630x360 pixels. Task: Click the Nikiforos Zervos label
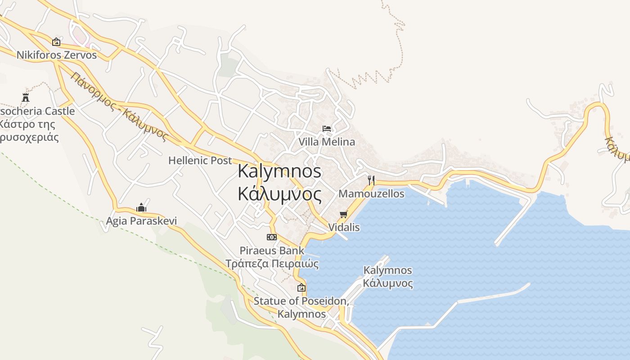pyautogui.click(x=57, y=55)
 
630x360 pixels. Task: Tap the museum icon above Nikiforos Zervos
pyautogui.click(x=56, y=42)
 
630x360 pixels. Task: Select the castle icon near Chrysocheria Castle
pyautogui.click(x=25, y=97)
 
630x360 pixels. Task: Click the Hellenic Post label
pyautogui.click(x=200, y=160)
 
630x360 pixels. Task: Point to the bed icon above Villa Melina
pyautogui.click(x=327, y=129)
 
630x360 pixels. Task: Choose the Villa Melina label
pyautogui.click(x=327, y=142)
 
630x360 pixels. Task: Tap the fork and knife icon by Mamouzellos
pyautogui.click(x=371, y=180)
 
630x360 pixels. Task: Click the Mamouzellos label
pyautogui.click(x=371, y=194)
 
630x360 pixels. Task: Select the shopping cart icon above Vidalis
pyautogui.click(x=344, y=214)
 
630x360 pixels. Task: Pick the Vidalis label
pyautogui.click(x=344, y=227)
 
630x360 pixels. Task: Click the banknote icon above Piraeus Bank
pyautogui.click(x=272, y=237)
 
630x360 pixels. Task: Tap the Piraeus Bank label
pyautogui.click(x=272, y=251)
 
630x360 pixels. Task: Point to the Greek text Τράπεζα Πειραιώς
pyautogui.click(x=272, y=264)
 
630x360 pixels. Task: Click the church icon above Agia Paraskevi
pyautogui.click(x=141, y=207)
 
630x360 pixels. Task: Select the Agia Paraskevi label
pyautogui.click(x=141, y=221)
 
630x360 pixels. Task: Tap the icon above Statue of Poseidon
pyautogui.click(x=301, y=288)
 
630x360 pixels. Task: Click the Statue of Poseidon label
pyautogui.click(x=301, y=301)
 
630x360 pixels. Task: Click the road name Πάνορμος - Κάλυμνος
pyautogui.click(x=119, y=107)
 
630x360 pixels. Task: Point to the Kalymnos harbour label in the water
pyautogui.click(x=387, y=277)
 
